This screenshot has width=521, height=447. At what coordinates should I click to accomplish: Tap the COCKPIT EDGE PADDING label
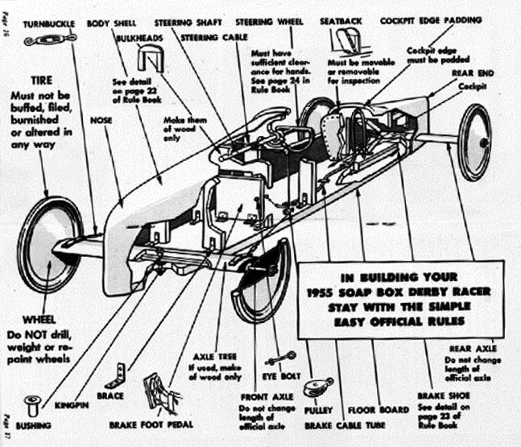pos(431,19)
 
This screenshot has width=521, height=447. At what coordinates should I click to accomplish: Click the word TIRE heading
pos(42,81)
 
